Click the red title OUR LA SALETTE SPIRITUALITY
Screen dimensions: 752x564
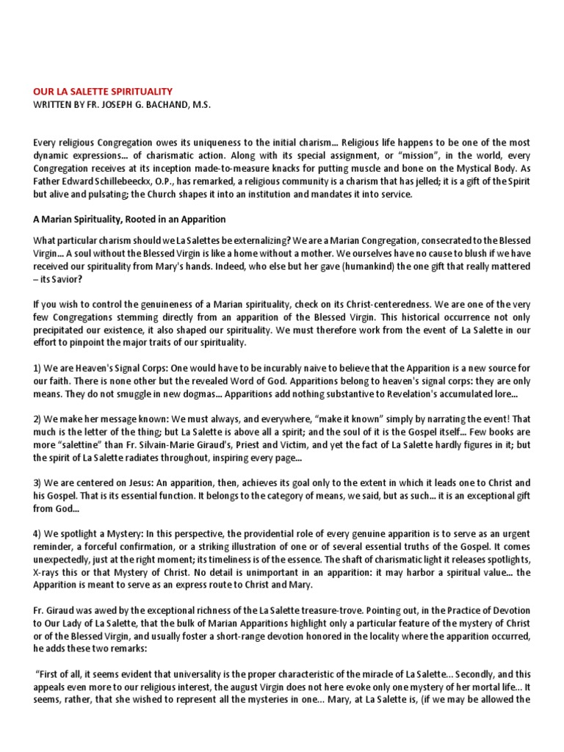point(103,92)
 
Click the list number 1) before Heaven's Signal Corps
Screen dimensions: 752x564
point(39,367)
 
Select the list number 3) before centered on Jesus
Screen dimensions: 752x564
point(39,483)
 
